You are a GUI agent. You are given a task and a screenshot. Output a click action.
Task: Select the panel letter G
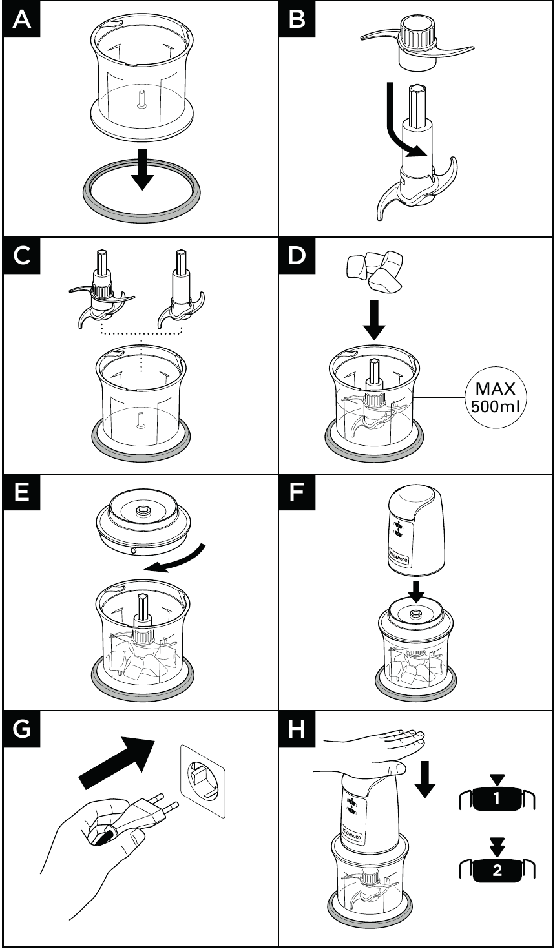coord(22,729)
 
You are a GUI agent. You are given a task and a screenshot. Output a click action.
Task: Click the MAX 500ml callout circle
coord(494,398)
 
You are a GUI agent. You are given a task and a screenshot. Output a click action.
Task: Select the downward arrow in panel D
coord(373,321)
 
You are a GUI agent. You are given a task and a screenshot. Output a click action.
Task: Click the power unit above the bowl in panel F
coord(416,532)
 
